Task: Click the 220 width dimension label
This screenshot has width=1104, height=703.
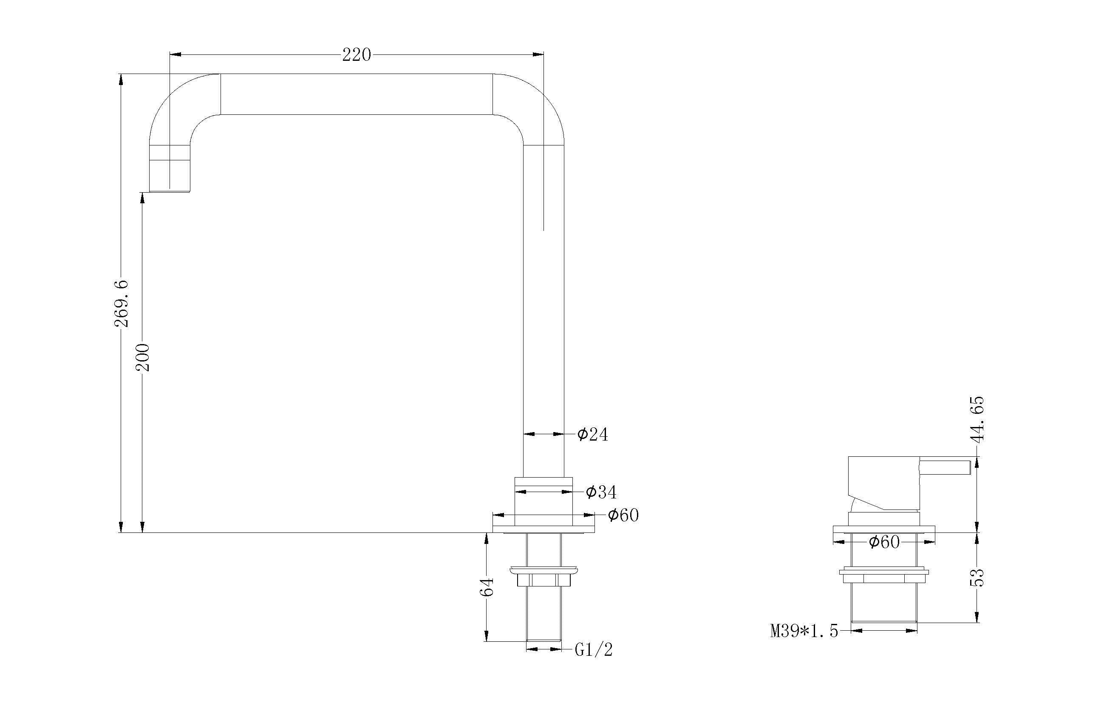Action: (x=356, y=55)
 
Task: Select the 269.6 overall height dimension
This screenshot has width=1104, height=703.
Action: (x=121, y=303)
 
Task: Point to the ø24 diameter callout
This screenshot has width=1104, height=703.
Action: (x=592, y=434)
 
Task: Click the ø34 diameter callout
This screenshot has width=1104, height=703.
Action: (x=601, y=492)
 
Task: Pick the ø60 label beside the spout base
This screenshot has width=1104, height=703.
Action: (x=623, y=515)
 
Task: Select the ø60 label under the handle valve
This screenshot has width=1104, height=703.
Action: (x=884, y=542)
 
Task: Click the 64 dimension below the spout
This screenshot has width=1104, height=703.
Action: (x=487, y=587)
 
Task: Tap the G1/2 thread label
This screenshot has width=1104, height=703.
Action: (x=594, y=650)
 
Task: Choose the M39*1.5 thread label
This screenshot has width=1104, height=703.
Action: (x=804, y=632)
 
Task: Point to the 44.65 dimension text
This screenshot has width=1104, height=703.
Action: (x=977, y=419)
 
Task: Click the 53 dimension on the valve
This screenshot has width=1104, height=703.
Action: (x=977, y=578)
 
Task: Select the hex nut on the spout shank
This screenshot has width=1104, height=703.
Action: (x=544, y=581)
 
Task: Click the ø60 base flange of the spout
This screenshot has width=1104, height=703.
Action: (x=544, y=529)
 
